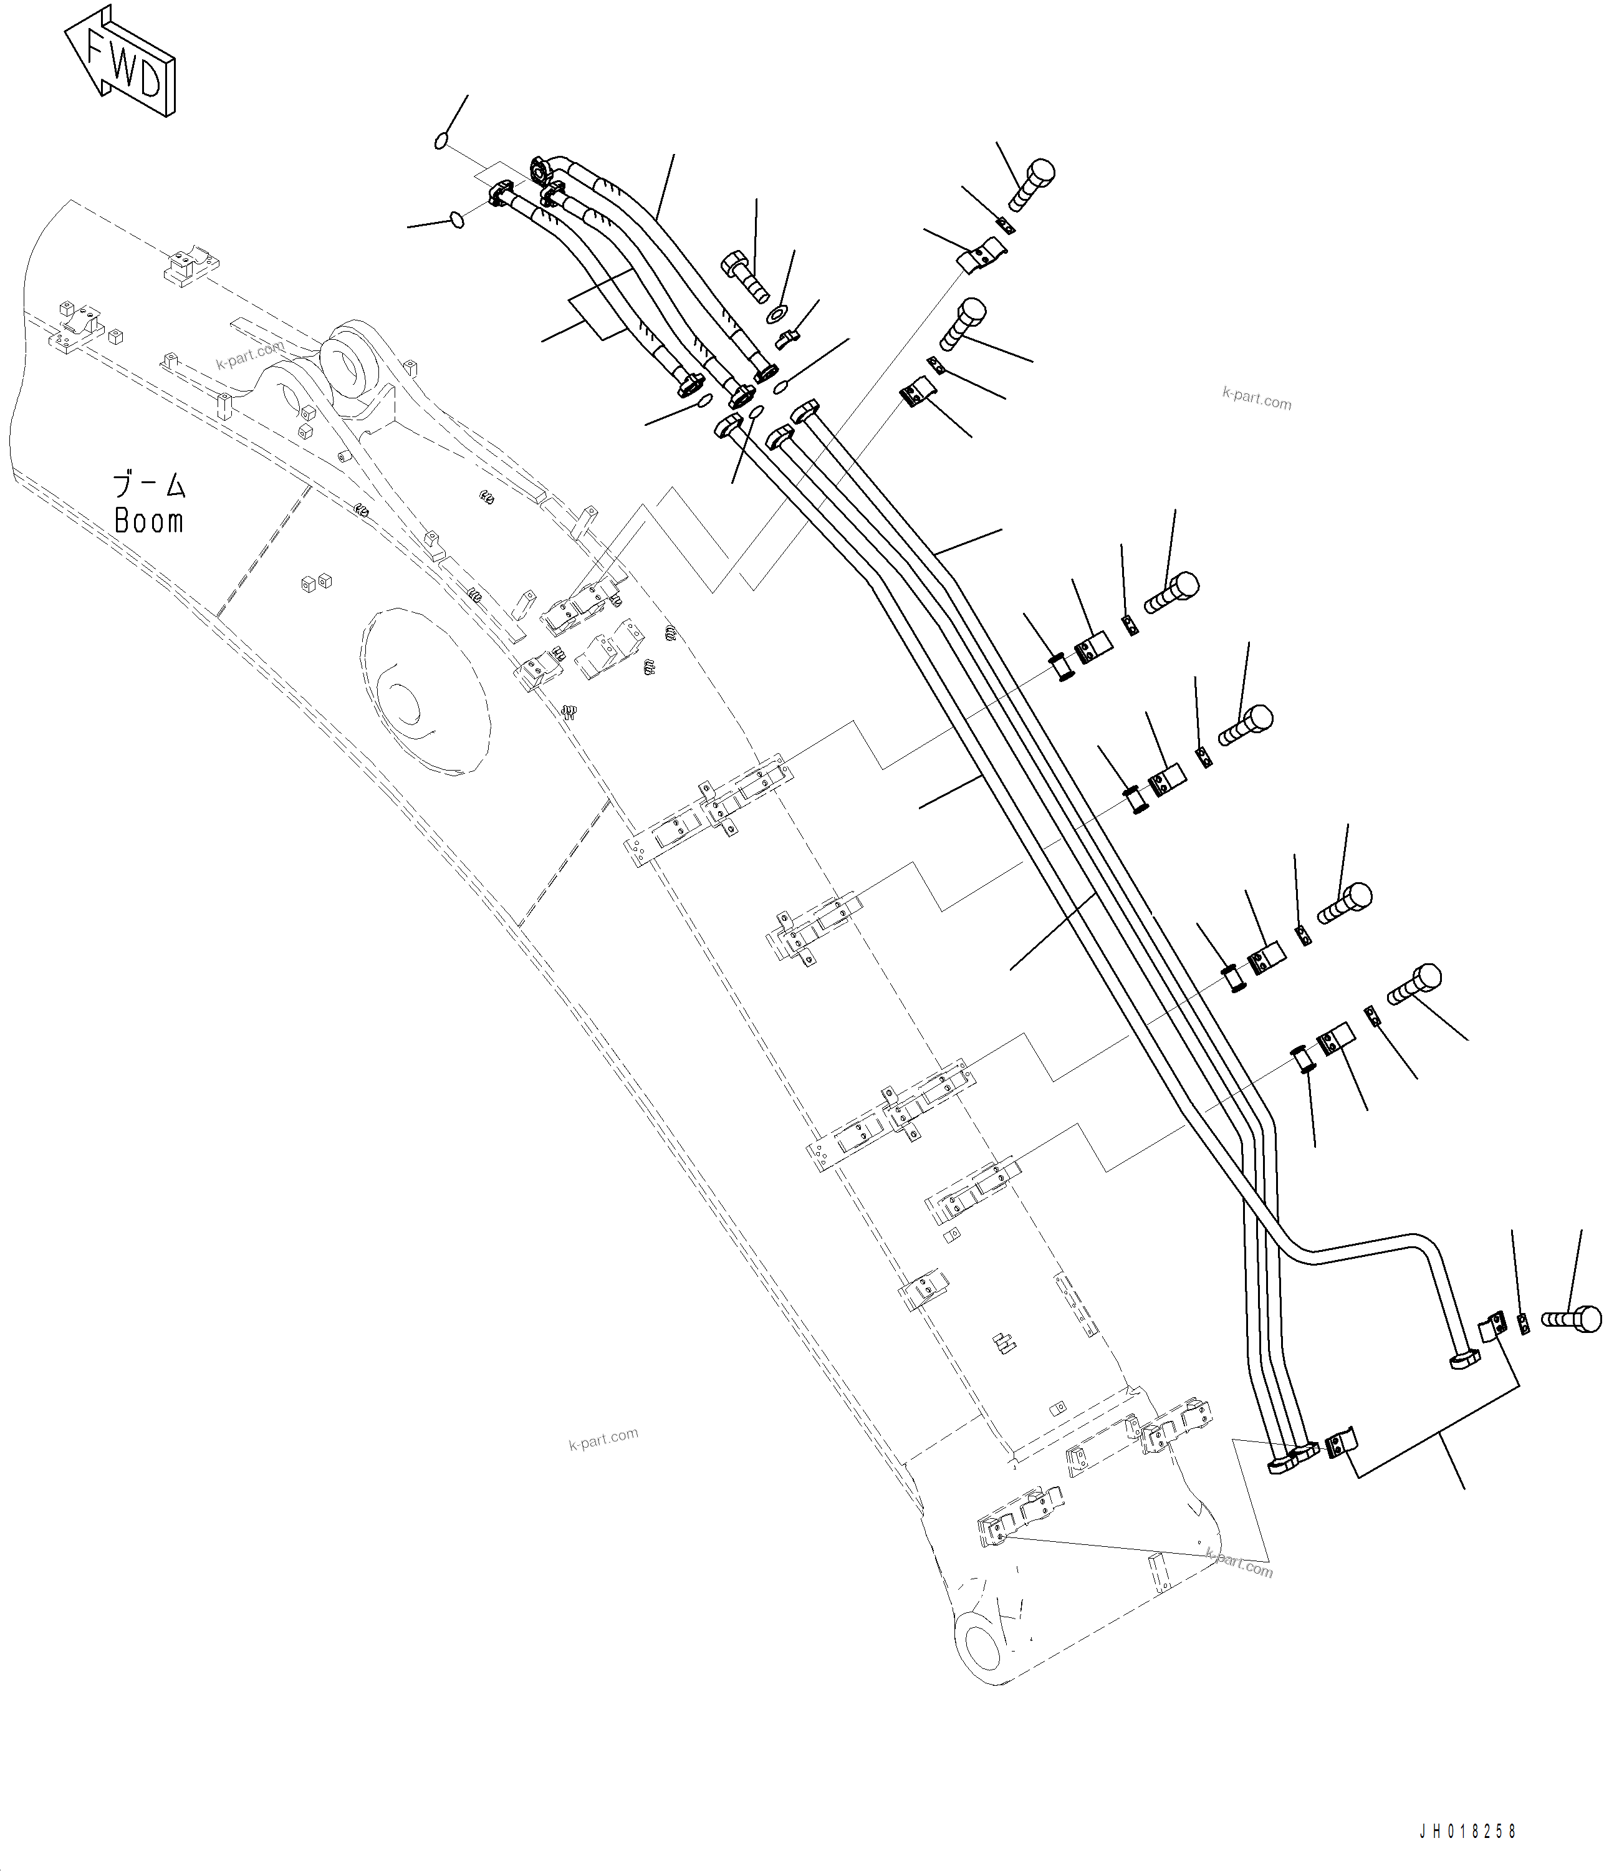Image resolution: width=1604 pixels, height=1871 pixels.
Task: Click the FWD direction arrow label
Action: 120,61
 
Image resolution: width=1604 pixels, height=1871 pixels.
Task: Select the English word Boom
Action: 149,522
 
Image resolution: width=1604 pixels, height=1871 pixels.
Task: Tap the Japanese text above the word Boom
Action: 149,486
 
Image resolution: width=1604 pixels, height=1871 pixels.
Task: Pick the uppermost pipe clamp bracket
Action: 981,254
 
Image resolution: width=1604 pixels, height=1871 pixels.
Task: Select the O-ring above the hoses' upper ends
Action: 441,141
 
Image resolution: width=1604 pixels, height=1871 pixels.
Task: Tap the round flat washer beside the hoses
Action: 776,315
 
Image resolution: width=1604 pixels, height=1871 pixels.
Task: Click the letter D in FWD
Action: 149,83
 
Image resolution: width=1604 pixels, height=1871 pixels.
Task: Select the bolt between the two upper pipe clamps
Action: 960,327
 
